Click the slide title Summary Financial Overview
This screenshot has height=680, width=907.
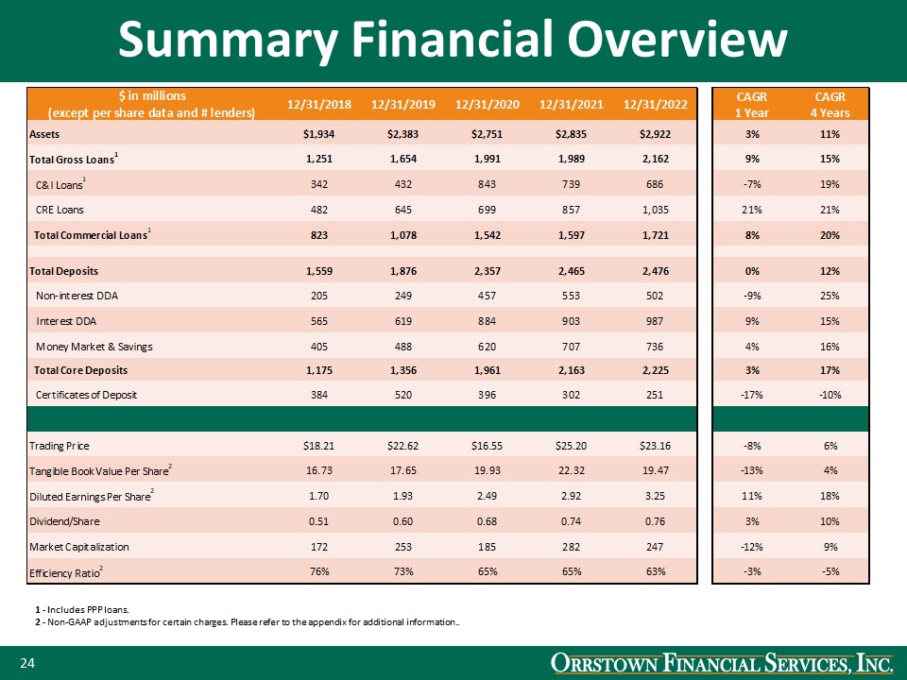pyautogui.click(x=453, y=40)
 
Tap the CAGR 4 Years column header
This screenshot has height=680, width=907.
pyautogui.click(x=830, y=104)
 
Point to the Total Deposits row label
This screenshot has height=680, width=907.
pyautogui.click(x=63, y=271)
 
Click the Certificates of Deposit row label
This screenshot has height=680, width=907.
pyautogui.click(x=87, y=394)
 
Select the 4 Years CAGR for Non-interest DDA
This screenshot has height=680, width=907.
pyautogui.click(x=831, y=297)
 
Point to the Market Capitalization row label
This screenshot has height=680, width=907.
pyautogui.click(x=79, y=546)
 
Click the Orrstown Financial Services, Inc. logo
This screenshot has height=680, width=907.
pyautogui.click(x=720, y=665)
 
